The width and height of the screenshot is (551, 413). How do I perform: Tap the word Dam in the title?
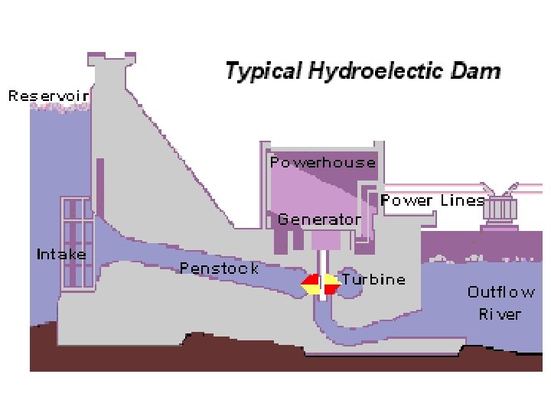pos(481,72)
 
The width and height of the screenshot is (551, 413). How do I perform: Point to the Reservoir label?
pos(48,96)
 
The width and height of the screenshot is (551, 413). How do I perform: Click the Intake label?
pos(61,254)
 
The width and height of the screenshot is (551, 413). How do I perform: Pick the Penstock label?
pos(219,268)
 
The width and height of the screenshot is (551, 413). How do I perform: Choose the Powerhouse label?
pos(322,162)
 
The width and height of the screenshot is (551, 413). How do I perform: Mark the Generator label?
pos(319,220)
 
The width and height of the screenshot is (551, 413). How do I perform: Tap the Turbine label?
pos(373,279)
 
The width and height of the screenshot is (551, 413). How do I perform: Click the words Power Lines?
pos(432,200)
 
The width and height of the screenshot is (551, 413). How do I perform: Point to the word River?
pos(500,314)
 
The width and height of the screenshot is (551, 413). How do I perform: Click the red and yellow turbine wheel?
pos(321,285)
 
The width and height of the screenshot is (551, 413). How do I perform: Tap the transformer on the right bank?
pos(498,213)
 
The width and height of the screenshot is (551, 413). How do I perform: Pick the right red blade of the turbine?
pos(331,289)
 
